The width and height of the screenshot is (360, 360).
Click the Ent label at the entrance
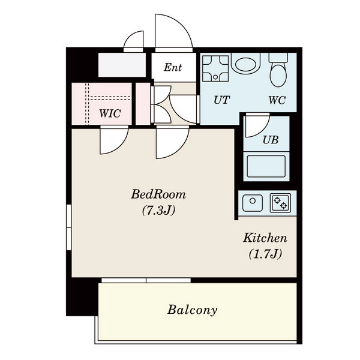[173, 67]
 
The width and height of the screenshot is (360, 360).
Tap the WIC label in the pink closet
[110, 113]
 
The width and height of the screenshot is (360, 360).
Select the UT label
[221, 100]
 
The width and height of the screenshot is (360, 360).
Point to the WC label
[277, 100]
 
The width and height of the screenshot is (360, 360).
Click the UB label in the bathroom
[271, 140]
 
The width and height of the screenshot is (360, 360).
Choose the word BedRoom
[158, 194]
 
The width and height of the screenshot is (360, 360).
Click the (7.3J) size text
[158, 210]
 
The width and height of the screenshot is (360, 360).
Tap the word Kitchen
[265, 238]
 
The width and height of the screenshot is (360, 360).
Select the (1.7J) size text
[265, 254]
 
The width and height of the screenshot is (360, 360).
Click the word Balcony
[192, 310]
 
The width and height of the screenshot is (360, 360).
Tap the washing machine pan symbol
[215, 68]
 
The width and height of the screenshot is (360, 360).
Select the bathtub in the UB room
[266, 166]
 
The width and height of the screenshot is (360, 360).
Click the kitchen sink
[253, 203]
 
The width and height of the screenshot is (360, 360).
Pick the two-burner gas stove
[280, 203]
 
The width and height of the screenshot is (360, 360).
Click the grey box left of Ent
[122, 65]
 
